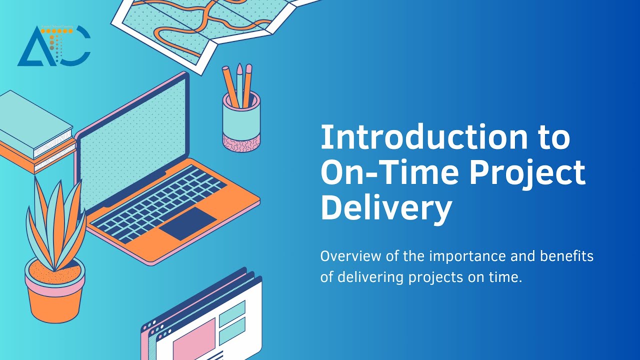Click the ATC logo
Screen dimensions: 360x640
pos(54,46)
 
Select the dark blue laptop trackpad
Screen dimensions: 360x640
pos(188,223)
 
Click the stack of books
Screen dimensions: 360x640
pos(35,132)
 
